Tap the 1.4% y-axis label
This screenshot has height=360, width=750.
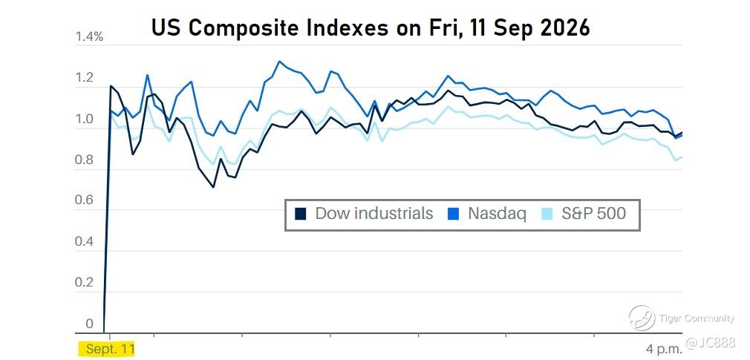(x=89, y=37)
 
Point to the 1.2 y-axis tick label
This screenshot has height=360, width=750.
(x=84, y=78)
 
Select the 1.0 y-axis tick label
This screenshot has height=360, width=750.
(x=84, y=119)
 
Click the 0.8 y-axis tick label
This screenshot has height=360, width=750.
(x=84, y=160)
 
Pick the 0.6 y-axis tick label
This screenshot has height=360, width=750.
(x=84, y=201)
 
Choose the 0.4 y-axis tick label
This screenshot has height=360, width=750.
(x=84, y=243)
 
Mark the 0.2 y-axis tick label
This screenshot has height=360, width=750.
(x=84, y=283)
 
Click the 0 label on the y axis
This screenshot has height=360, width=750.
(x=90, y=324)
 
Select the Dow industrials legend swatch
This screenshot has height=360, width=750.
(x=301, y=214)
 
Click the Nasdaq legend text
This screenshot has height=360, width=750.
(x=497, y=213)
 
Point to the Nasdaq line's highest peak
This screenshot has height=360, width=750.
(x=279, y=61)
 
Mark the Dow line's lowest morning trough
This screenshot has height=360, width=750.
(x=213, y=187)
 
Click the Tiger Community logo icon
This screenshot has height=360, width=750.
(x=642, y=318)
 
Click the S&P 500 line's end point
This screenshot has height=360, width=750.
(x=682, y=157)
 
